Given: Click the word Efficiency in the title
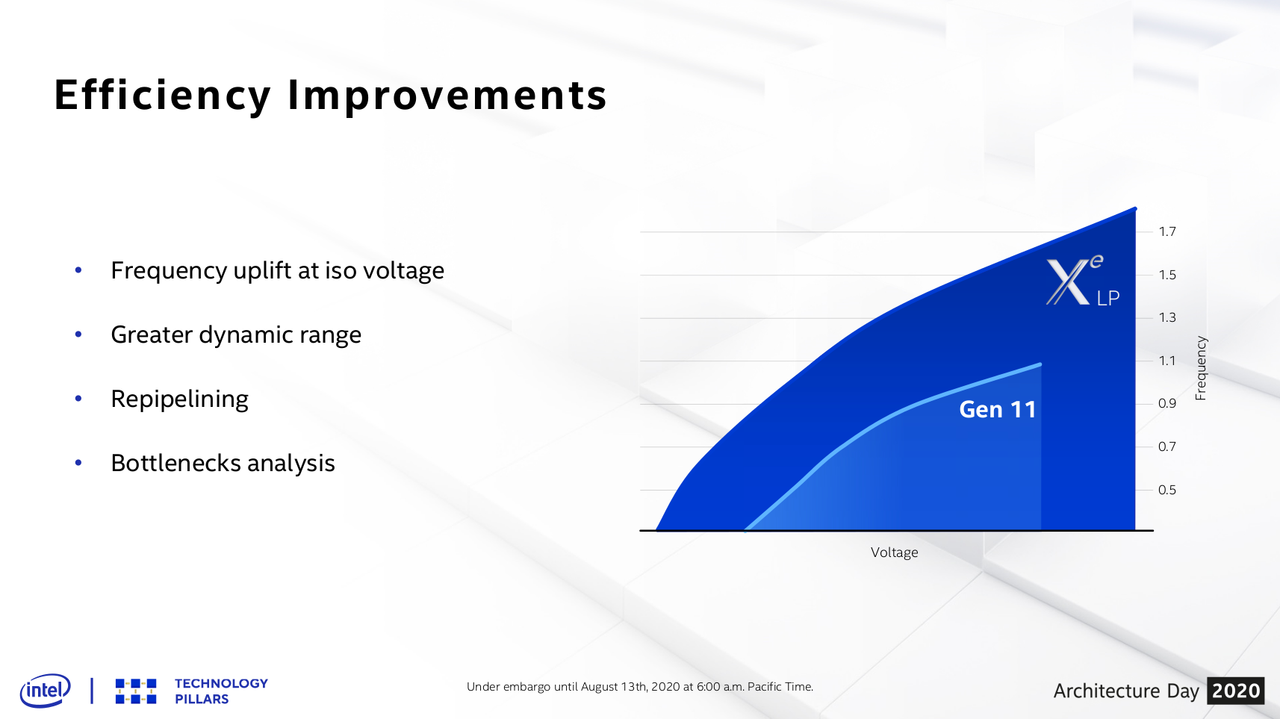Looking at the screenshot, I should click(x=162, y=96).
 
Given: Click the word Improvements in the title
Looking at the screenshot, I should click(x=447, y=96).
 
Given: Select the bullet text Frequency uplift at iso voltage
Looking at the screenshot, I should click(x=277, y=270).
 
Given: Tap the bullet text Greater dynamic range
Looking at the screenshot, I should click(x=236, y=334).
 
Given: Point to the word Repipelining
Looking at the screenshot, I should click(x=179, y=399).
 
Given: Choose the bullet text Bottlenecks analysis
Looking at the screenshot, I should click(x=223, y=463).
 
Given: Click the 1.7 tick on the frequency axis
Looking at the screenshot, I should click(x=1167, y=231).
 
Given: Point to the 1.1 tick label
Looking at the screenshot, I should click(x=1167, y=361).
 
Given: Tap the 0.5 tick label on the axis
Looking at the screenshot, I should click(x=1167, y=490).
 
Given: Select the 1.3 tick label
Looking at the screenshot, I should click(x=1167, y=317).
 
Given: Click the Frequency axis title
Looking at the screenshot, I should click(x=1201, y=368).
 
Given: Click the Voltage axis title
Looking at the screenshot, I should click(x=894, y=553).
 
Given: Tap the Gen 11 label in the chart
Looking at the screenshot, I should click(x=997, y=409).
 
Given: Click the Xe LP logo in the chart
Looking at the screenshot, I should click(x=1082, y=281).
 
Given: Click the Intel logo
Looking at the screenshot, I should click(x=45, y=690).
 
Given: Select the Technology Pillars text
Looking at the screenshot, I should click(x=220, y=691).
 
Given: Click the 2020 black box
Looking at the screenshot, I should click(x=1235, y=691).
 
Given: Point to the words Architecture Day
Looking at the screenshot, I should click(x=1125, y=691).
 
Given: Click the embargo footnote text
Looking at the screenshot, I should click(x=639, y=687).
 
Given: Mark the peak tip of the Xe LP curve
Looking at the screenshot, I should click(x=1134, y=209).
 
